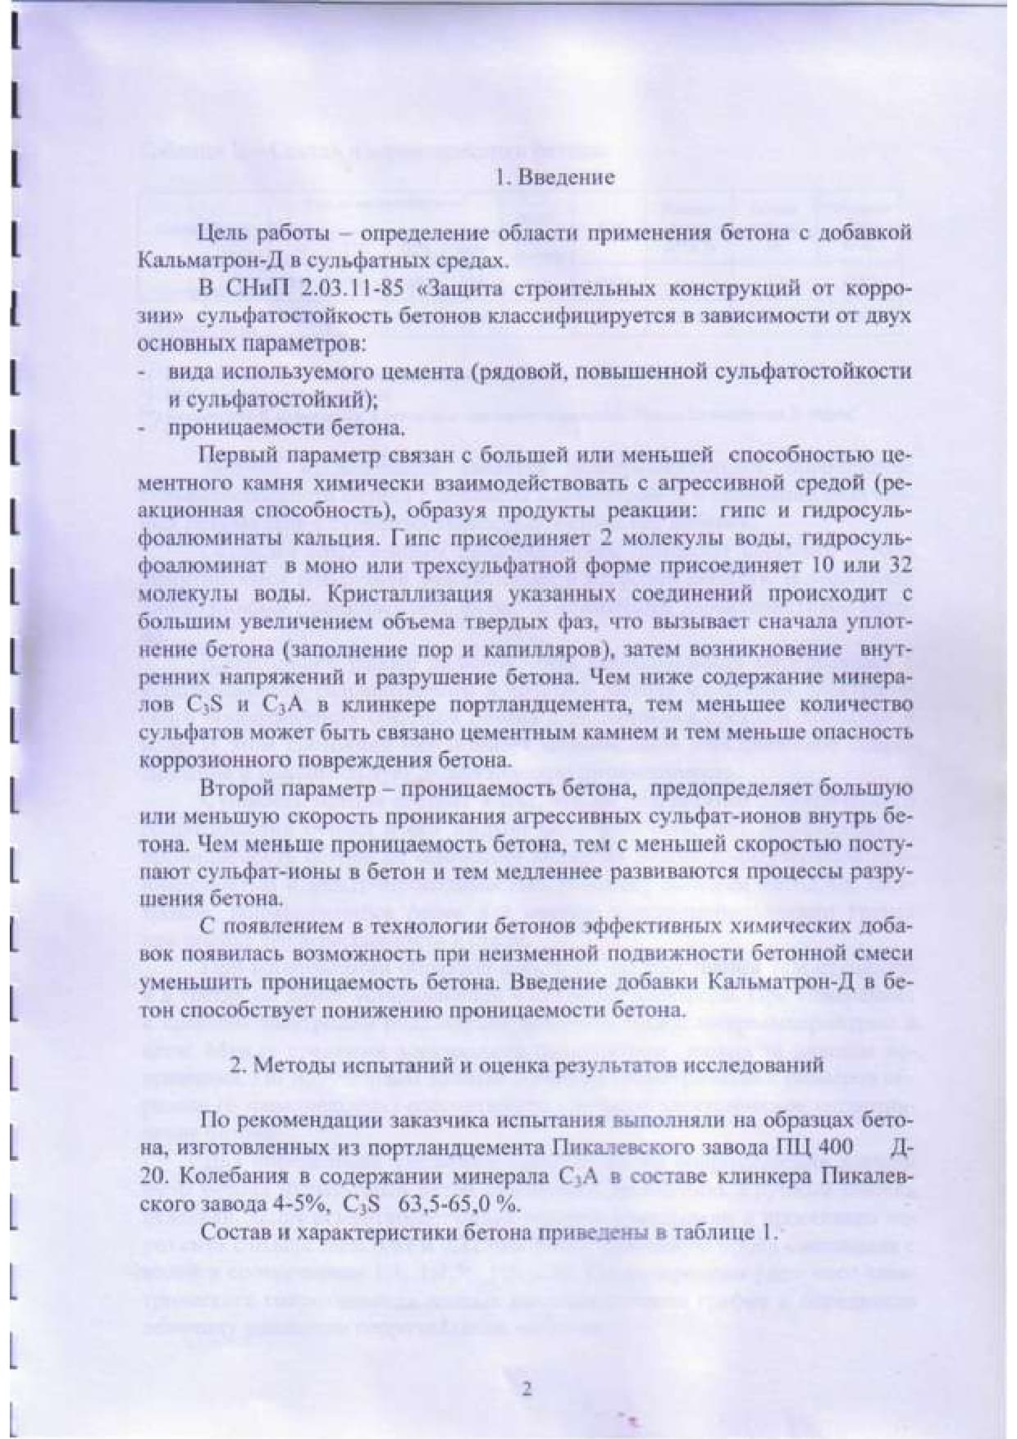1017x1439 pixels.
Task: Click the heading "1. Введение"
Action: [x=555, y=177]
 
